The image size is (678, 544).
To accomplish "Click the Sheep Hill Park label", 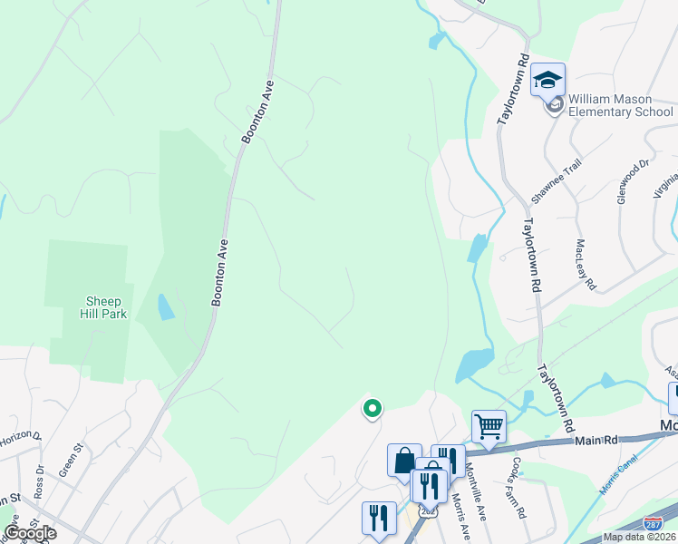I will [x=107, y=307].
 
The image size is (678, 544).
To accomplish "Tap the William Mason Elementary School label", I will [x=621, y=105].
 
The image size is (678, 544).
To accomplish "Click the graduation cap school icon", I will [x=547, y=81].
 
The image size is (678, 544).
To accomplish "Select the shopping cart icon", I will [x=489, y=425].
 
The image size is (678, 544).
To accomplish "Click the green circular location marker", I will [x=372, y=409].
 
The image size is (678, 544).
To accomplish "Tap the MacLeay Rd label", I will [x=586, y=266].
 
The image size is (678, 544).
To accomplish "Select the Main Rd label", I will [x=596, y=441].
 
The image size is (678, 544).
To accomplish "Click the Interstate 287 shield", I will [x=652, y=523].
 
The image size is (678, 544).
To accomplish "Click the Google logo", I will [x=29, y=533].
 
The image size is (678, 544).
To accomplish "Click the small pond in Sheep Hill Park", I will [x=166, y=307].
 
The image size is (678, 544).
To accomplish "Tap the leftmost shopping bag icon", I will [x=404, y=461].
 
